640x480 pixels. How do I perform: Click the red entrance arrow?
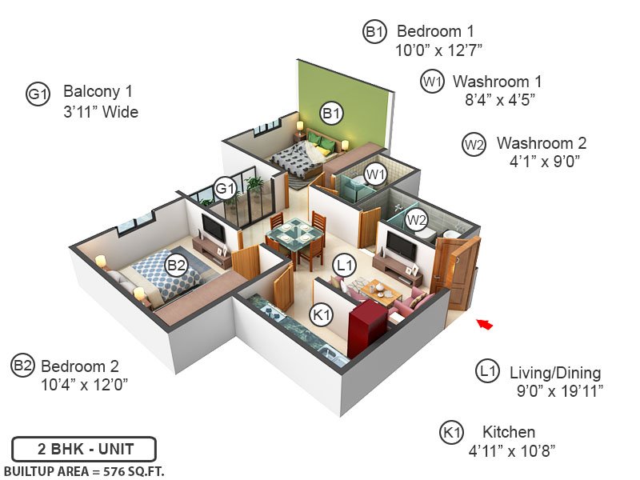[484, 324]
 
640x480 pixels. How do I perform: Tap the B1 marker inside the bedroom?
[331, 114]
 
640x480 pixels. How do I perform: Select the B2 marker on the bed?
[176, 265]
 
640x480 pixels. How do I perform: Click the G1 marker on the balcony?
[225, 190]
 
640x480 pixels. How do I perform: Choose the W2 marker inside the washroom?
[415, 218]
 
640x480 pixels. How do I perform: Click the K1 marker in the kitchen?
[322, 316]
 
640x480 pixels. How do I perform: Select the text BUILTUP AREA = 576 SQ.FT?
[84, 470]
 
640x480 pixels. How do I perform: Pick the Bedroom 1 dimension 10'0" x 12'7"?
[438, 50]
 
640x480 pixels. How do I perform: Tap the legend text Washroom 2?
[542, 144]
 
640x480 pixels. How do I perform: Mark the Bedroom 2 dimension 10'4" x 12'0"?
[84, 384]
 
